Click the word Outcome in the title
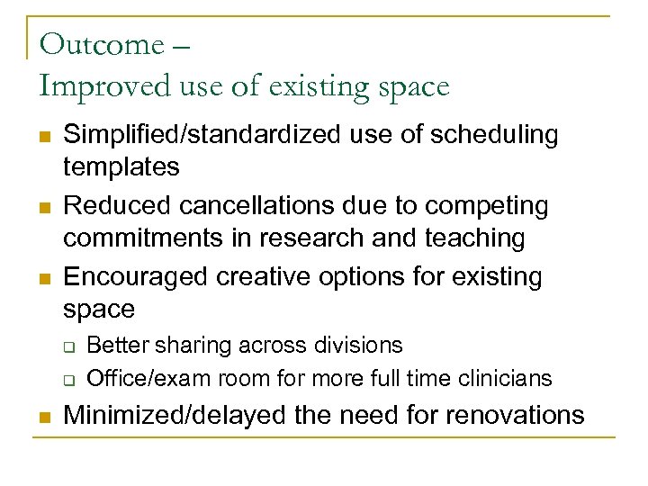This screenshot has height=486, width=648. click(103, 43)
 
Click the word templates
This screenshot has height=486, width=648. click(121, 166)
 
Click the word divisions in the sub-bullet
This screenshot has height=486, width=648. click(359, 345)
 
